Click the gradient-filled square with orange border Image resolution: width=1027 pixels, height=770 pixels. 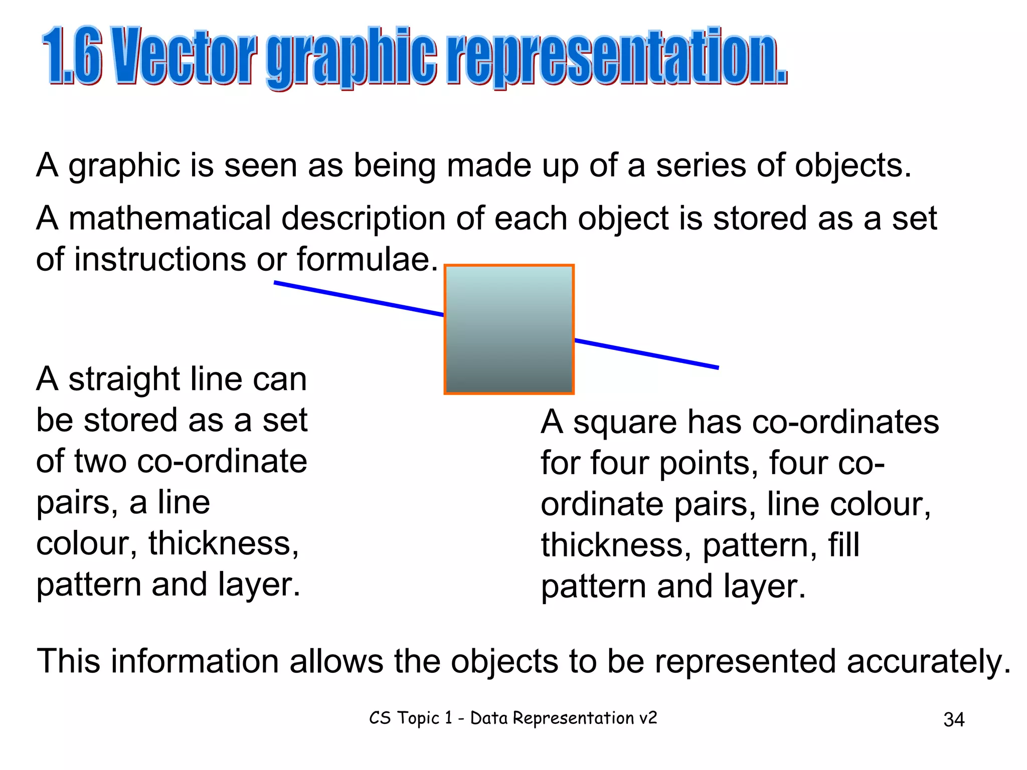click(509, 329)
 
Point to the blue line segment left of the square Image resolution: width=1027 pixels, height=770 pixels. click(359, 299)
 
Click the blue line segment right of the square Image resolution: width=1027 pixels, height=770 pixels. click(647, 354)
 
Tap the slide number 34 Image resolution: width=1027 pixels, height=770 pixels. click(953, 720)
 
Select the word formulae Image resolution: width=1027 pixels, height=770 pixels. click(367, 260)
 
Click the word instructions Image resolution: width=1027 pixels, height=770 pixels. click(160, 260)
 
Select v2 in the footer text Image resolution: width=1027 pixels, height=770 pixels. click(647, 718)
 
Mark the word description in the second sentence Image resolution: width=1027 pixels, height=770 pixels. click(363, 219)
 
